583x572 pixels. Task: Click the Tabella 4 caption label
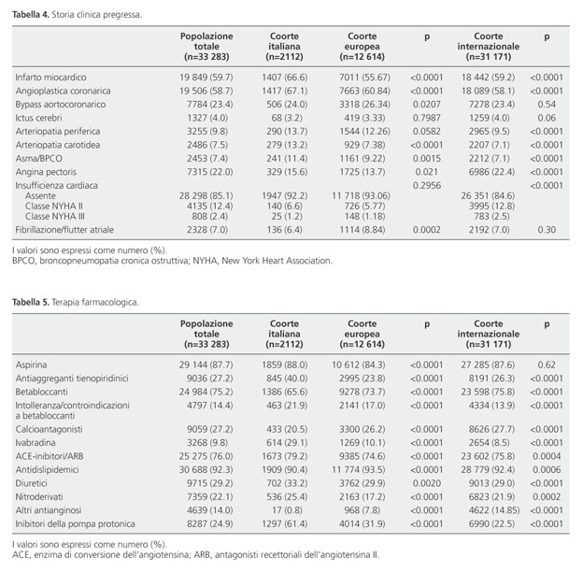click(31, 15)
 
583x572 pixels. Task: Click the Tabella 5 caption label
click(31, 302)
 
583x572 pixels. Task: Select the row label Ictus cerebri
click(38, 118)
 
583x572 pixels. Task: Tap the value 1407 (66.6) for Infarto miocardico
click(284, 78)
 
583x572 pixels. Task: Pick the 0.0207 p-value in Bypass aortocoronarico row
click(426, 105)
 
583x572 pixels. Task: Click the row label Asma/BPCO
click(38, 159)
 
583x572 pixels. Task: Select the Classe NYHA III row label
click(55, 217)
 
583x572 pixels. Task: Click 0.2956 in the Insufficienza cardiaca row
click(426, 185)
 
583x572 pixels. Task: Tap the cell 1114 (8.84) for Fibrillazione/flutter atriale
click(363, 230)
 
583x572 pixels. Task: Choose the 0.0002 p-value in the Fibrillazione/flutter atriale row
click(426, 230)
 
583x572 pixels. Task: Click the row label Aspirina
click(31, 365)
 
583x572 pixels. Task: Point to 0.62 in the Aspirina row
click(547, 365)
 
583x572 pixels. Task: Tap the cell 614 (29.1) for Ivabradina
click(287, 443)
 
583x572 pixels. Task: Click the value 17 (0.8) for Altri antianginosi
click(287, 510)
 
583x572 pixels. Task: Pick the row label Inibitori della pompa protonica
click(75, 524)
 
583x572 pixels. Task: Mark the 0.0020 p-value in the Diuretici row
click(426, 483)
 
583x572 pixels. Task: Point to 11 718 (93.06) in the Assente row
click(361, 196)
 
